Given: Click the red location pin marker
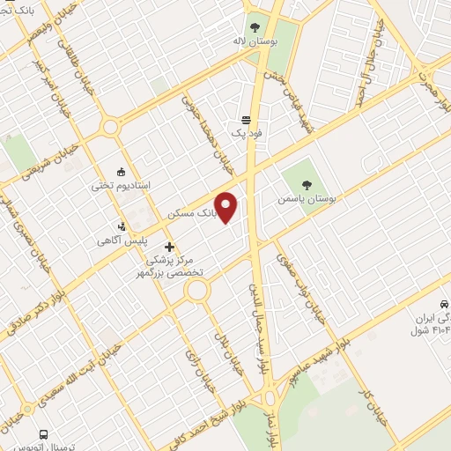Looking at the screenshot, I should [x=227, y=208].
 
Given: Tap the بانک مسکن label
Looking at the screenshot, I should [x=190, y=214].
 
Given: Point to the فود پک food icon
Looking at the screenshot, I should [x=247, y=121].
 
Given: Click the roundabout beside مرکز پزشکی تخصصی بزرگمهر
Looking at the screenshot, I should [x=196, y=290].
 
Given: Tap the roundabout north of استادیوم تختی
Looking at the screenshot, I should [x=110, y=128].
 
